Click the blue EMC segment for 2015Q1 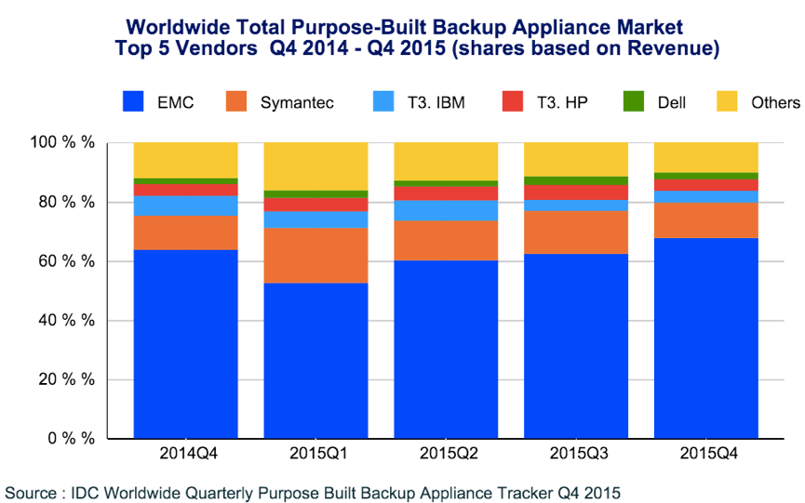[x=316, y=361]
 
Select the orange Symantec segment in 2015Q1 [x=316, y=255]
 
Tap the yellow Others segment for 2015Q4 [x=706, y=157]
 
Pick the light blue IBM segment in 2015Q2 [x=446, y=210]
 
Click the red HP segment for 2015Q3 [x=576, y=192]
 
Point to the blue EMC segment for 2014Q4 [x=185, y=344]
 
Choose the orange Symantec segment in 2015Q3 [x=576, y=232]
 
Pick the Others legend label [x=775, y=103]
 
